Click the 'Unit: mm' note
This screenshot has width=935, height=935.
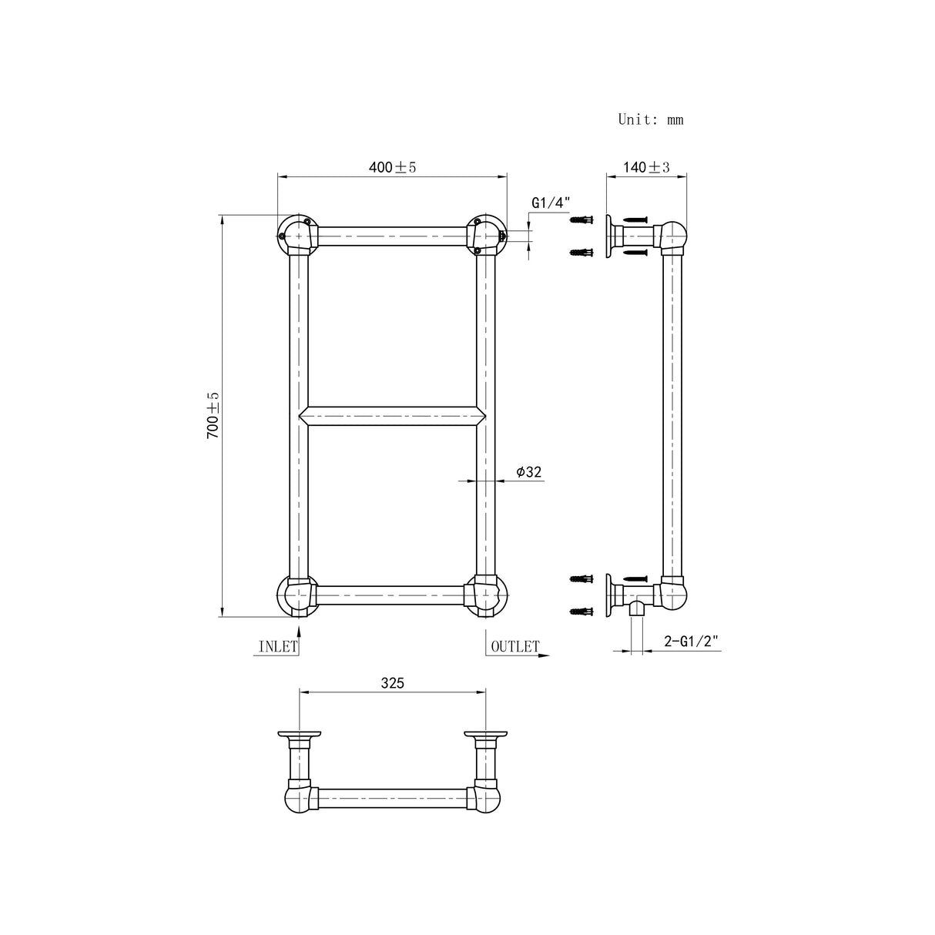point(650,119)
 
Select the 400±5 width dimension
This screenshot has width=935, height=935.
point(392,167)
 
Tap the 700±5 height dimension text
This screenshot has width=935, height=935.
point(213,415)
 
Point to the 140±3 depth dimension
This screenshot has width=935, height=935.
point(646,167)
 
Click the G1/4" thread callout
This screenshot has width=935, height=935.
point(550,203)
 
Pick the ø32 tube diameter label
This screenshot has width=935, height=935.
point(528,472)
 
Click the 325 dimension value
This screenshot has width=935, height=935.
point(392,682)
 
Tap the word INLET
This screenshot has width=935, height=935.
point(277,647)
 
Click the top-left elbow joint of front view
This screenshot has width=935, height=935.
point(297,234)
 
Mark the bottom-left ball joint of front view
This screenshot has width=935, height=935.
point(296,596)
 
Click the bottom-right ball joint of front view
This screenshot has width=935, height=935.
point(488,596)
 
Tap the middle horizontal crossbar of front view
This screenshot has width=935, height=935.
point(392,415)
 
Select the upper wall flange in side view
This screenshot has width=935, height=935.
point(609,236)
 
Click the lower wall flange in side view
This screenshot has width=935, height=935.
point(609,595)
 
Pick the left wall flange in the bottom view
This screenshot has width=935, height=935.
point(299,735)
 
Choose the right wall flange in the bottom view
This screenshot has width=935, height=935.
point(486,735)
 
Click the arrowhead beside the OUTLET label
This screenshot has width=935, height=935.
point(544,656)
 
